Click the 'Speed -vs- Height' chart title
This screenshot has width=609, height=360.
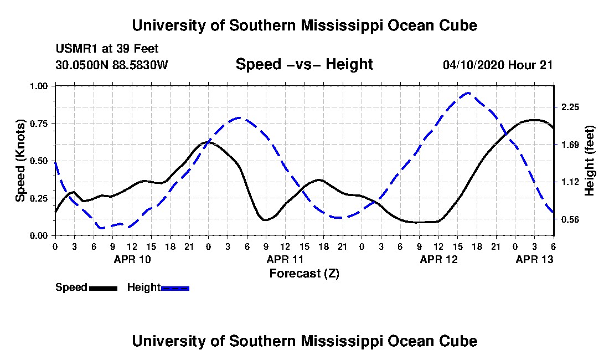[x=304, y=64]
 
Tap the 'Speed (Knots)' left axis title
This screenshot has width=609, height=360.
[x=20, y=161]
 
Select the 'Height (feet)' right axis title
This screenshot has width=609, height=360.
[x=589, y=161]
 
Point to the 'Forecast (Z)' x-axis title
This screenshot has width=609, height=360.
[x=304, y=274]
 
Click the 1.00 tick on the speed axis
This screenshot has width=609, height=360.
[x=39, y=86]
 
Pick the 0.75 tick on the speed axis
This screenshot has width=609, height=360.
[x=39, y=124]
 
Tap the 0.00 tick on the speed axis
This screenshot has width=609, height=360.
[x=39, y=236]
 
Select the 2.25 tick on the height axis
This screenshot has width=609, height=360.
[x=570, y=107]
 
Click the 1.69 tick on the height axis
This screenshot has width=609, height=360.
[x=570, y=145]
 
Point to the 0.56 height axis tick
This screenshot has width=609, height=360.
[x=570, y=220]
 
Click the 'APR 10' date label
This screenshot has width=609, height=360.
[x=132, y=259]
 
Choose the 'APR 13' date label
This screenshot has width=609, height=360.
[x=534, y=259]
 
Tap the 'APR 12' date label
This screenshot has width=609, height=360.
[x=438, y=259]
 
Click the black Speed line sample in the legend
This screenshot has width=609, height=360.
[x=103, y=288]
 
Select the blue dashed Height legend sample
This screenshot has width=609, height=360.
[x=175, y=288]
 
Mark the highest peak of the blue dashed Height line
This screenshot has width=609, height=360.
[x=468, y=93]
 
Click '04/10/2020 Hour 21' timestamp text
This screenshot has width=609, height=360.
[x=498, y=65]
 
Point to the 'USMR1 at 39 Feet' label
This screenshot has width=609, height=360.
[x=107, y=49]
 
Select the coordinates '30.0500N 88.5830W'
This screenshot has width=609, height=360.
[x=111, y=65]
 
